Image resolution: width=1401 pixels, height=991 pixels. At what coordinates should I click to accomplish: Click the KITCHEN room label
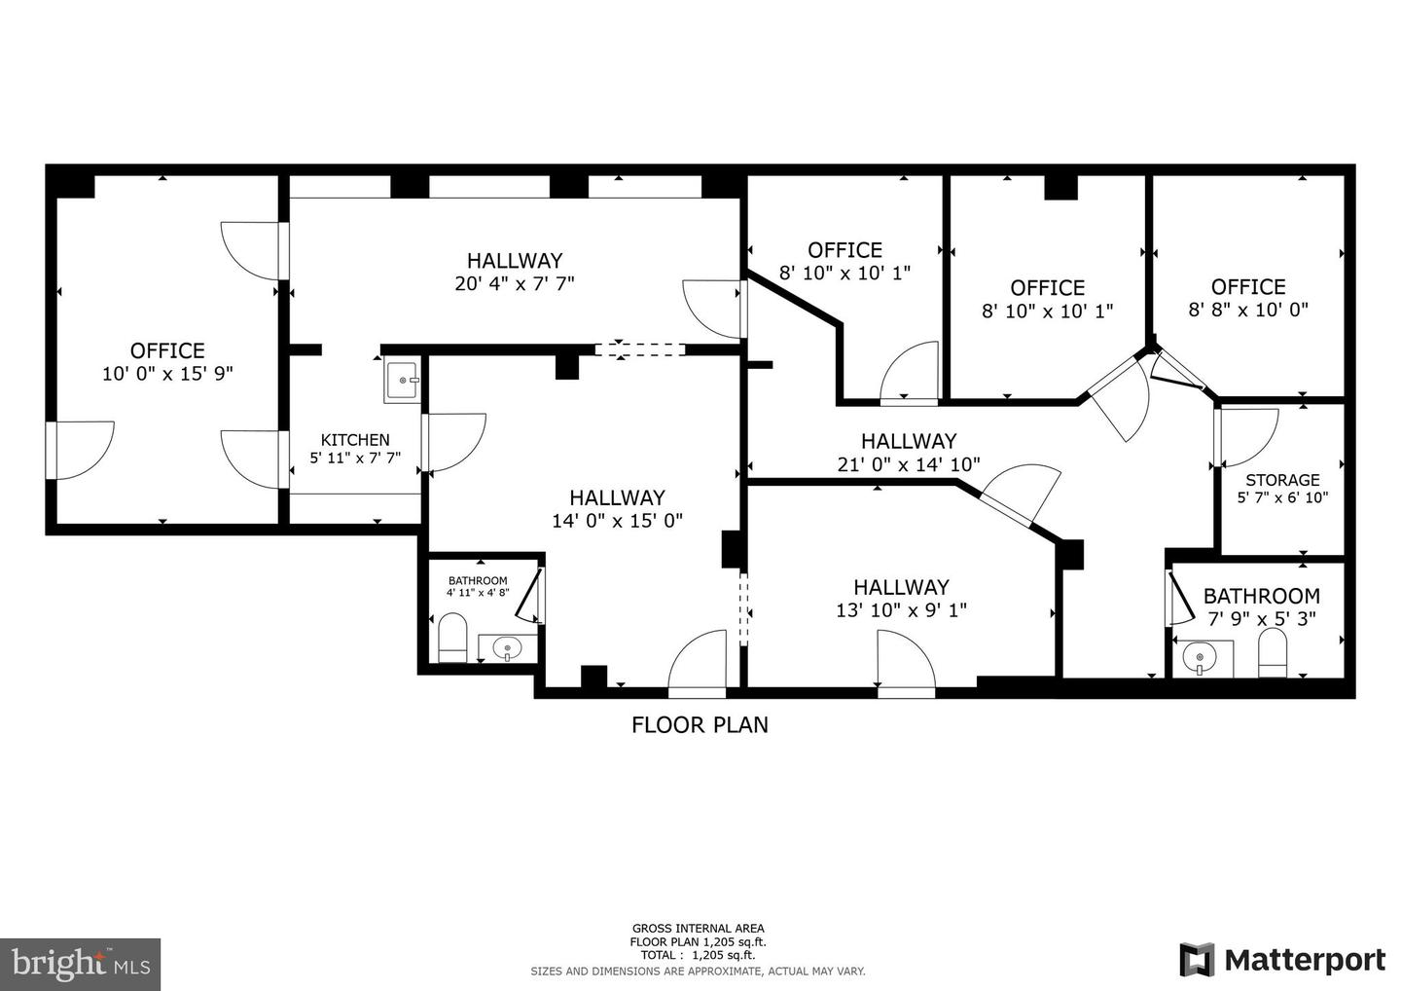coord(355,440)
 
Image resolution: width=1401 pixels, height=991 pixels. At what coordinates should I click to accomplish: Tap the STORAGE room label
coord(1282,480)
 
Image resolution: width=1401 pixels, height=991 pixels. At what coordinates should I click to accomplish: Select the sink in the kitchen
coord(402,381)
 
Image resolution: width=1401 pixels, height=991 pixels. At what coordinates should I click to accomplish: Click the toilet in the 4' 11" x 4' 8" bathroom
coord(452,639)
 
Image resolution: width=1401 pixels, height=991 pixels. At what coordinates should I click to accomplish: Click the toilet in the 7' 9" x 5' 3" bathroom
coord(1273,653)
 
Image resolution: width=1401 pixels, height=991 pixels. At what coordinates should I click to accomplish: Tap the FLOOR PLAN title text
coord(700,725)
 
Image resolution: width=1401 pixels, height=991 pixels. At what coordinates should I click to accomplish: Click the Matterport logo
coord(1282,959)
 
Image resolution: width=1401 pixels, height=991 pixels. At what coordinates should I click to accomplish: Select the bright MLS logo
coord(80,964)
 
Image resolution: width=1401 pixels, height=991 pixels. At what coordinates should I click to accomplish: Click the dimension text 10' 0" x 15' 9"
coord(167,374)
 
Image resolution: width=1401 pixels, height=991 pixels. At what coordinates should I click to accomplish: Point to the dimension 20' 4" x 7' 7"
coord(515,284)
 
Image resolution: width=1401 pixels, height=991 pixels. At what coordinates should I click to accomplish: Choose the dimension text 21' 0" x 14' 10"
coord(908,465)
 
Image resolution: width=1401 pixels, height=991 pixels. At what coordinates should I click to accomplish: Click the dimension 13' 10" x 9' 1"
coord(901,611)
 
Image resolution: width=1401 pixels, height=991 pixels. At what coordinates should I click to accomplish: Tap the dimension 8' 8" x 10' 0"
coord(1248,311)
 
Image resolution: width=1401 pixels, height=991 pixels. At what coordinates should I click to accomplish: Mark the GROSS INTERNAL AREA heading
coord(698,929)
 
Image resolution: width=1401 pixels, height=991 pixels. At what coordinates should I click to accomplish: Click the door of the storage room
coord(1245,437)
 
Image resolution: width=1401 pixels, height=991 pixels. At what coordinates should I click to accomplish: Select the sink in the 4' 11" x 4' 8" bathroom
coord(507,648)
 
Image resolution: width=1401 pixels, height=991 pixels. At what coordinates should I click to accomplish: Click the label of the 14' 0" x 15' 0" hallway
coord(617,497)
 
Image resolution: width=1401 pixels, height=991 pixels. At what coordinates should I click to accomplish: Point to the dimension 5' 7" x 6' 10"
coord(1282,497)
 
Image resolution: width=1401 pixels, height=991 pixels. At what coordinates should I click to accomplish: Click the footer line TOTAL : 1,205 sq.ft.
coord(698,956)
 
